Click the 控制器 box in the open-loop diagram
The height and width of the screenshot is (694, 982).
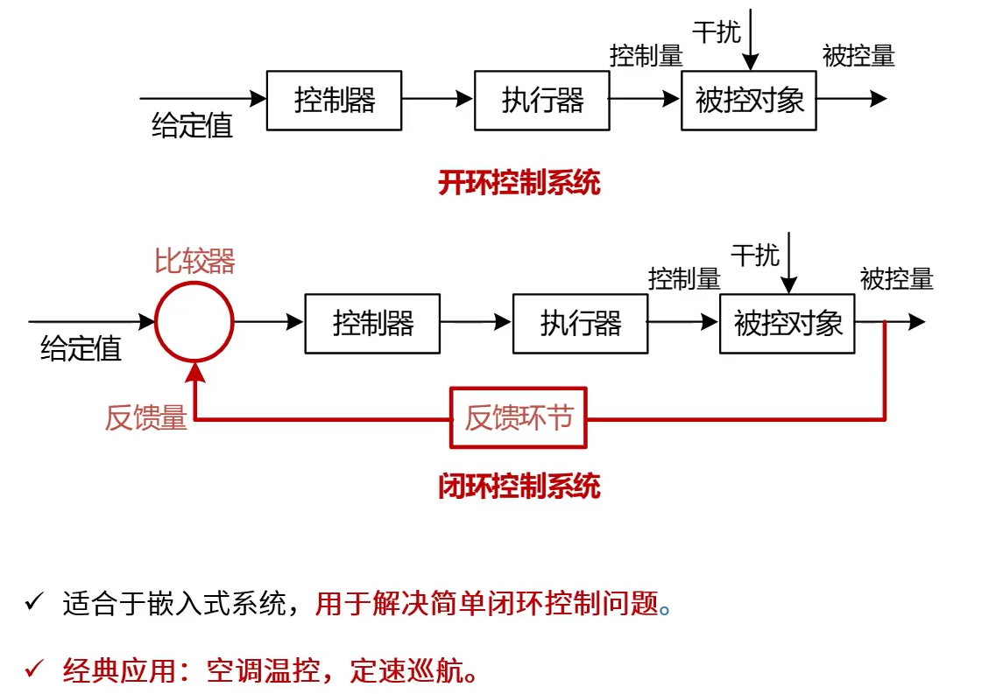(x=334, y=101)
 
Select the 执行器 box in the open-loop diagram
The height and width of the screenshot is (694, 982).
(x=541, y=101)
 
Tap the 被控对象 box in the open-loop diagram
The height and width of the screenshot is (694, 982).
(x=749, y=101)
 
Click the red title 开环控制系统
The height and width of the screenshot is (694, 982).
(x=519, y=184)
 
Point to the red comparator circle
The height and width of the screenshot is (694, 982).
(x=194, y=322)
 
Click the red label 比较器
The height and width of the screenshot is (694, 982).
(x=194, y=261)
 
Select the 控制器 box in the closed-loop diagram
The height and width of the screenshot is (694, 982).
(x=372, y=324)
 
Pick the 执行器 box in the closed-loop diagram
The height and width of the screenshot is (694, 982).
(x=580, y=324)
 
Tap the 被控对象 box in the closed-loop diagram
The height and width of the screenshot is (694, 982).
(x=787, y=324)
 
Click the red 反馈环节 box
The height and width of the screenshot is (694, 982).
(x=519, y=418)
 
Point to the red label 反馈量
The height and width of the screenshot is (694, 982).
(x=146, y=418)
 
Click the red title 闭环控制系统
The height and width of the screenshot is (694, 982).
(x=519, y=487)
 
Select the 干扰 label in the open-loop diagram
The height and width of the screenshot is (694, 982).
(x=717, y=32)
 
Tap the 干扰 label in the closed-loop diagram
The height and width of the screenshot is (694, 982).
(x=754, y=256)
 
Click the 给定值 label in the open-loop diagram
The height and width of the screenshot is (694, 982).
(x=192, y=126)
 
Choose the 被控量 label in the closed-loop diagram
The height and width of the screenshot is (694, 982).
(x=896, y=279)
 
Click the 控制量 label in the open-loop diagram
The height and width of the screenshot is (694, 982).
(x=646, y=56)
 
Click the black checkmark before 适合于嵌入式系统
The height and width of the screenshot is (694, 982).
(x=33, y=602)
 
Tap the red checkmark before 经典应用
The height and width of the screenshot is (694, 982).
(x=33, y=670)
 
